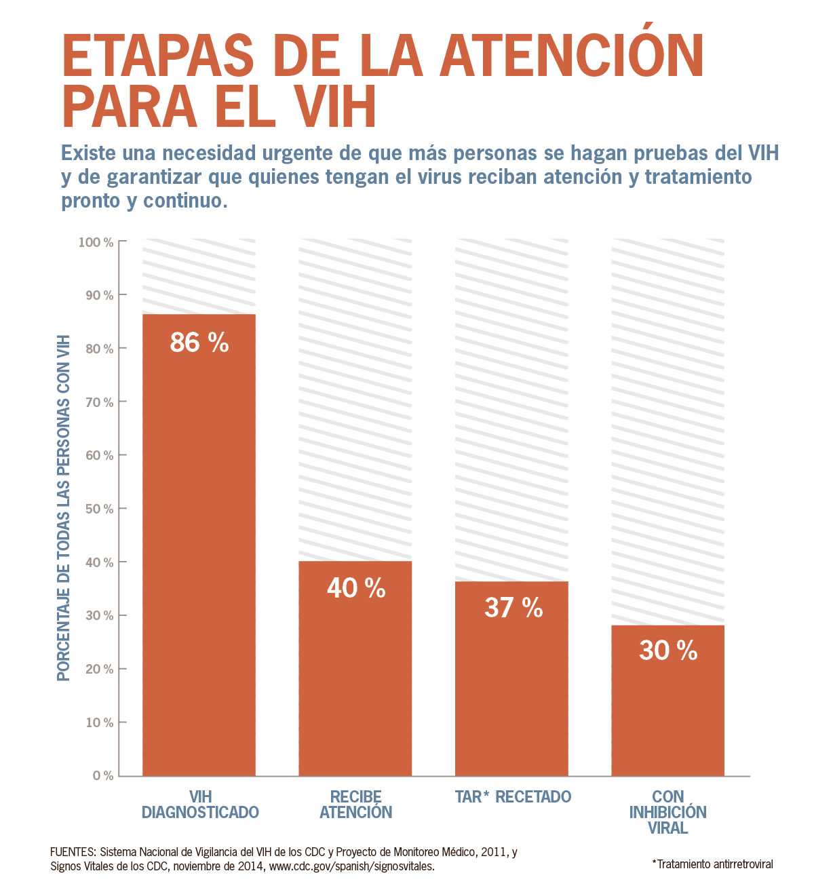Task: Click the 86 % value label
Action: pos(199,342)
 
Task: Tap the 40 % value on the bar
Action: pos(356,588)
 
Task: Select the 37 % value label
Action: pos(513,607)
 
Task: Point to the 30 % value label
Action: pos(668,651)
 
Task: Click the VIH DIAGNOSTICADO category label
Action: pos(200,804)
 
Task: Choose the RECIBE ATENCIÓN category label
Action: pos(356,804)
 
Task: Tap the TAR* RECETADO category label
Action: pos(513,796)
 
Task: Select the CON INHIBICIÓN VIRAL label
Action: pos(668,812)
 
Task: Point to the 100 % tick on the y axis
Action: pos(96,242)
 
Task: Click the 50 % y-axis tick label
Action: pos(99,509)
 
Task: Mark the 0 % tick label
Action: pos(103,775)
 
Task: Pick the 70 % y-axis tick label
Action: pos(99,402)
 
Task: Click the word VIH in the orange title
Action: pos(328,107)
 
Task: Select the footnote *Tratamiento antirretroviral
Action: pos(712,864)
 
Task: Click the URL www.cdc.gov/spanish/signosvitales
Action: pos(352,867)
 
